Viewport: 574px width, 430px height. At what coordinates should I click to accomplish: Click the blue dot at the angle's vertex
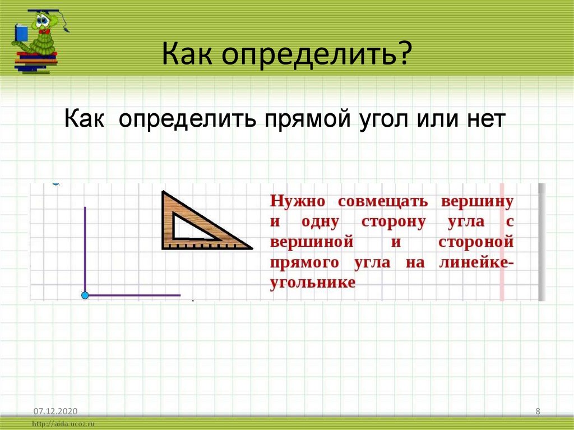click(85, 295)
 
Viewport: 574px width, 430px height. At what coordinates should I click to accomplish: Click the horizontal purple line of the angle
click(135, 295)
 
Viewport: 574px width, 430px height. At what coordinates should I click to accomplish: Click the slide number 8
click(538, 411)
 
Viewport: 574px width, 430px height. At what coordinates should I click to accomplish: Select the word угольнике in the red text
click(313, 283)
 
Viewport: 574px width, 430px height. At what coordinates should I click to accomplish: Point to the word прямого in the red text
click(306, 262)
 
